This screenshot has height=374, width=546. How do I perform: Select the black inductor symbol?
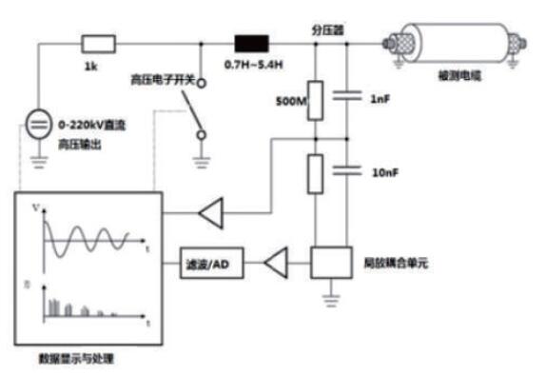(x=251, y=44)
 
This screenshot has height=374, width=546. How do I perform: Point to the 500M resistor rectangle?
(x=316, y=98)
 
